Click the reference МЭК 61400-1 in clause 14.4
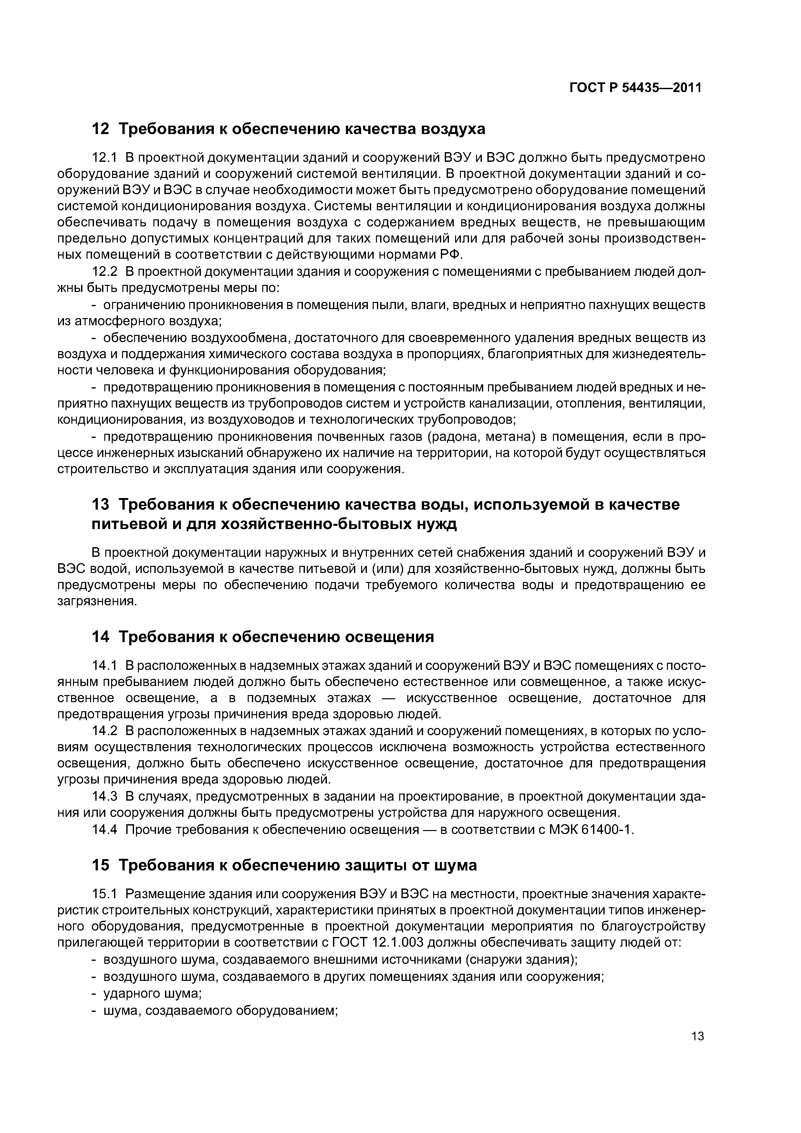tap(590, 829)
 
